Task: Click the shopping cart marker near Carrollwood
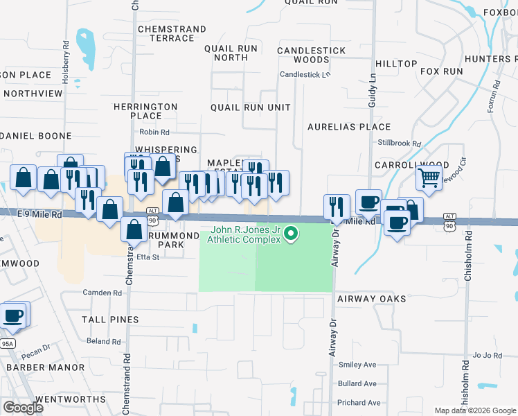[429, 177]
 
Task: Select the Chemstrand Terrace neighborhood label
[172, 33]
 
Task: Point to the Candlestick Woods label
[311, 55]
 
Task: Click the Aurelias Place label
[350, 127]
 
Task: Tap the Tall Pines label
[110, 320]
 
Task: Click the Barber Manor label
[35, 367]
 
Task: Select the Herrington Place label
[146, 111]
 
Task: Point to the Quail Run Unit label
[250, 107]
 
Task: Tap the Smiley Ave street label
[357, 365]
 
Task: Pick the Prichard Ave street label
[359, 403]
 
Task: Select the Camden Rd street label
[102, 293]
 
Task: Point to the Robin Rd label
[154, 132]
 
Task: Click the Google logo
[23, 408]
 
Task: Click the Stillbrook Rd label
[400, 144]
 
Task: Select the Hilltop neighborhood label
[396, 64]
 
